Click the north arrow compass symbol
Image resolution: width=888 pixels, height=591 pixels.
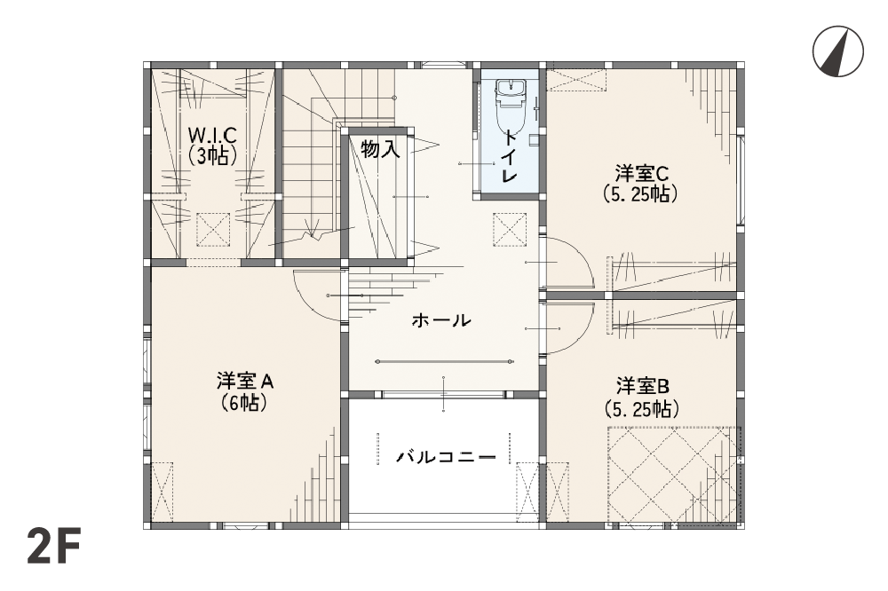coord(837,51)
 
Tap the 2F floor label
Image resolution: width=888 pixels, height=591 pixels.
coord(54,546)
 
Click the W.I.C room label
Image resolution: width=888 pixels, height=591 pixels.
coord(212,135)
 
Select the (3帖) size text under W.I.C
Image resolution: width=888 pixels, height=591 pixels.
coord(212,154)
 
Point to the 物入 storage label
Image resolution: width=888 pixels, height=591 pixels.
coord(381,149)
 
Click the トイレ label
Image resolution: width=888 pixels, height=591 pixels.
coord(509,156)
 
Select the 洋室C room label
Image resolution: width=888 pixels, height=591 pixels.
coord(642,173)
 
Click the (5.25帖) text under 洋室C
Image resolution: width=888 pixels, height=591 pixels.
coord(640,194)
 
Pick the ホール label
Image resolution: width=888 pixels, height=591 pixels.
coord(441,320)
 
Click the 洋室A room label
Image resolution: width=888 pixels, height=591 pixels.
coord(245,382)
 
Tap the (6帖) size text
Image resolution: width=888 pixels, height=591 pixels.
coord(244,403)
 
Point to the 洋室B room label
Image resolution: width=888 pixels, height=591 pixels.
coord(643,387)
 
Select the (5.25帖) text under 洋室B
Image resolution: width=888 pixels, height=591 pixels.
coord(642,408)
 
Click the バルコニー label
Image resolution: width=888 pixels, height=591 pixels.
coord(446,456)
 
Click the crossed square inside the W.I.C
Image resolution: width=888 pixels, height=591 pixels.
coord(213,229)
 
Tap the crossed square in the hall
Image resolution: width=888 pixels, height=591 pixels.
coord(510,229)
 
